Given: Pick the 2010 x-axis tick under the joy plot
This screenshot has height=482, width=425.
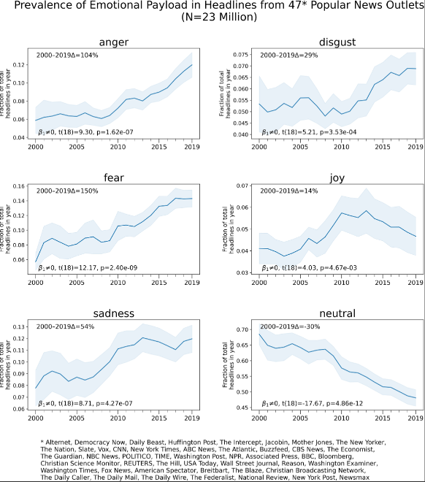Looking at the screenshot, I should pyautogui.click(x=337, y=281).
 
